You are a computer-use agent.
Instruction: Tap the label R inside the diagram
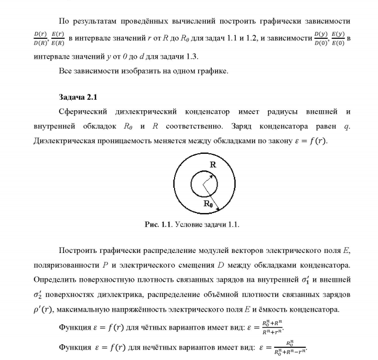(212, 165)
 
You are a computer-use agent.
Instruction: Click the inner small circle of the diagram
(202, 184)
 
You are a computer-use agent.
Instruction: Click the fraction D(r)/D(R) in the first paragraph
(40, 38)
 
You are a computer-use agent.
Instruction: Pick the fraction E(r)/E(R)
(58, 38)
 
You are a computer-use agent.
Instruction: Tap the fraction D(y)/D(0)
(320, 38)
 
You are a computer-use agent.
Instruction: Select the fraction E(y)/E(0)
(337, 38)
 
